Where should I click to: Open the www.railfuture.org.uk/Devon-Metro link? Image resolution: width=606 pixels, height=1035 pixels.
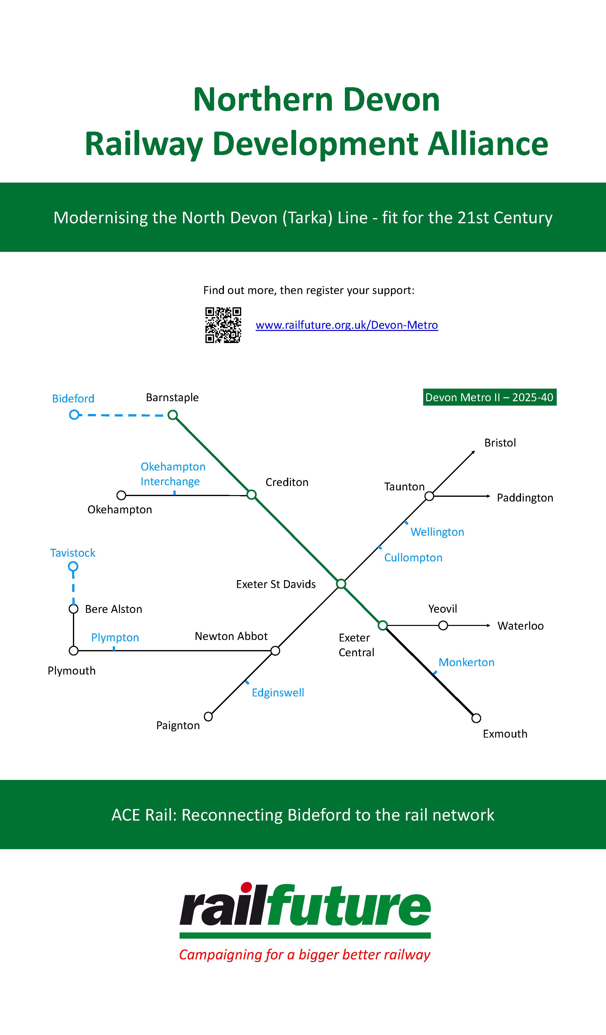pyautogui.click(x=347, y=325)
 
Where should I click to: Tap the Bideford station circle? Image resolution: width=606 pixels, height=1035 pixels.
pyautogui.click(x=74, y=415)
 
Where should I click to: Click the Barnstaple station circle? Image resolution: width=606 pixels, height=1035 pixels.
pyautogui.click(x=173, y=415)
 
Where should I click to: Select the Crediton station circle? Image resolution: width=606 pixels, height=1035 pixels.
pyautogui.click(x=252, y=495)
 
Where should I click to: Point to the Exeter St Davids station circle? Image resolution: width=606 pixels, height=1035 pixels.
pyautogui.click(x=341, y=584)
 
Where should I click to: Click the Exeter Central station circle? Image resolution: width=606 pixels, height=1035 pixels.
pyautogui.click(x=383, y=625)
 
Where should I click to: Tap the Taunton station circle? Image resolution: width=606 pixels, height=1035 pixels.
pyautogui.click(x=429, y=496)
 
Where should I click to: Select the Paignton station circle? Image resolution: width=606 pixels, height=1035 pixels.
pyautogui.click(x=208, y=717)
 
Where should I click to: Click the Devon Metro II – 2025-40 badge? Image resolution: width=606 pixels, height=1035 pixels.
pyautogui.click(x=489, y=397)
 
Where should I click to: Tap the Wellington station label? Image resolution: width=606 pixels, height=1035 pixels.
pyautogui.click(x=437, y=532)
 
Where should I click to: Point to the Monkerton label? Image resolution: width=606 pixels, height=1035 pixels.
pyautogui.click(x=466, y=662)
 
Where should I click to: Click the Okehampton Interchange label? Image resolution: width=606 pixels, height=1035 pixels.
pyautogui.click(x=173, y=474)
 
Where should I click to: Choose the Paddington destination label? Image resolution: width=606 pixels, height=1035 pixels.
pyautogui.click(x=525, y=498)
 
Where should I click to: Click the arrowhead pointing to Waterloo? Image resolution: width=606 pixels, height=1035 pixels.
pyautogui.click(x=488, y=625)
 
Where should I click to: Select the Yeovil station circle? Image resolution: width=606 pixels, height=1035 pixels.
pyautogui.click(x=443, y=625)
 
